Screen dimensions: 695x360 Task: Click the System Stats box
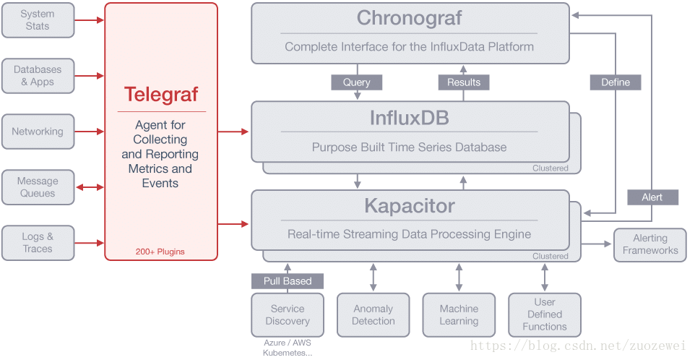(38, 20)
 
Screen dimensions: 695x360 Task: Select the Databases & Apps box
(38, 76)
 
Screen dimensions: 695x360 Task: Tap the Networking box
(38, 132)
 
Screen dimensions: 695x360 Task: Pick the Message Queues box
(38, 187)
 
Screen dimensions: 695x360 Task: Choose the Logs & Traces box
(38, 243)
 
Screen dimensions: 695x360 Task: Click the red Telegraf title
(161, 95)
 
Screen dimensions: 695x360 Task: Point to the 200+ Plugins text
(160, 252)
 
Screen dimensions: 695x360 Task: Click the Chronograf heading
(409, 18)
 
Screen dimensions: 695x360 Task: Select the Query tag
(357, 82)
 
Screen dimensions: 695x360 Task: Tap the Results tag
(464, 82)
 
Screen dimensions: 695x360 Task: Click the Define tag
(616, 82)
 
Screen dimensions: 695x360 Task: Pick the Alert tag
(652, 197)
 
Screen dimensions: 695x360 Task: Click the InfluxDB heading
(410, 118)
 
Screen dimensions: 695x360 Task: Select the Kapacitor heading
(410, 206)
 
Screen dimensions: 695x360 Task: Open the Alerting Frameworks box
(650, 245)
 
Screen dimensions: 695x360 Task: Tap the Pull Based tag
(288, 281)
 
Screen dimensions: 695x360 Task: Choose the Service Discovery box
(288, 314)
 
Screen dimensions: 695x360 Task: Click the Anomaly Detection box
(374, 314)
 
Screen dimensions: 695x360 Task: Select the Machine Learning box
(459, 314)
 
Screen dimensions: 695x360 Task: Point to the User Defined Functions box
(545, 314)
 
